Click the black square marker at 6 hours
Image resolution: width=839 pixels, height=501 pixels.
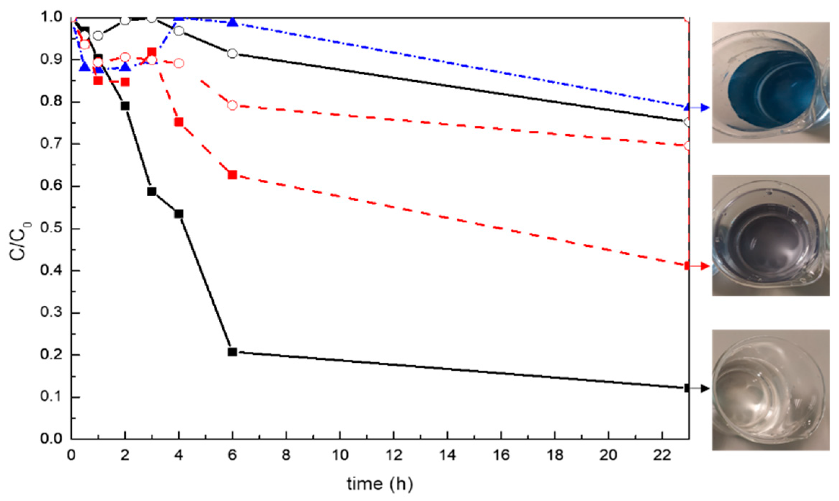click(232, 352)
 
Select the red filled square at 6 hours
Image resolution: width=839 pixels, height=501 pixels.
click(232, 175)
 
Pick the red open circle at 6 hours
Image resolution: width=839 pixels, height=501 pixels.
click(232, 105)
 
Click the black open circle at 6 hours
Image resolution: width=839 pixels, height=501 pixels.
click(232, 53)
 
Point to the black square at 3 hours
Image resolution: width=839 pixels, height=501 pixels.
click(152, 191)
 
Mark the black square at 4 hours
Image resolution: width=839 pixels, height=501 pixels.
click(179, 214)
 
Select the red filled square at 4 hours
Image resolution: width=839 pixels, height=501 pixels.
click(179, 122)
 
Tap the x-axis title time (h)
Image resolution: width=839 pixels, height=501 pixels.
click(379, 484)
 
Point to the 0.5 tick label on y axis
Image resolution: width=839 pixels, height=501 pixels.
click(51, 228)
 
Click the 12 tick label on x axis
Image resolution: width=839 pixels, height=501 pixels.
click(394, 456)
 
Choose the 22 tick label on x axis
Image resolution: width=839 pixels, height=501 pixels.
click(662, 456)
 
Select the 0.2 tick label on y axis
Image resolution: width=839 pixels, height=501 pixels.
click(51, 355)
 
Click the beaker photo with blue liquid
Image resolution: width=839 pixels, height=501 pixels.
click(771, 82)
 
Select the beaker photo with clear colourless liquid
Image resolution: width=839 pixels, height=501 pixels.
click(771, 390)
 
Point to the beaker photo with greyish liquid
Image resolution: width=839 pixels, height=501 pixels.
click(771, 235)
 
